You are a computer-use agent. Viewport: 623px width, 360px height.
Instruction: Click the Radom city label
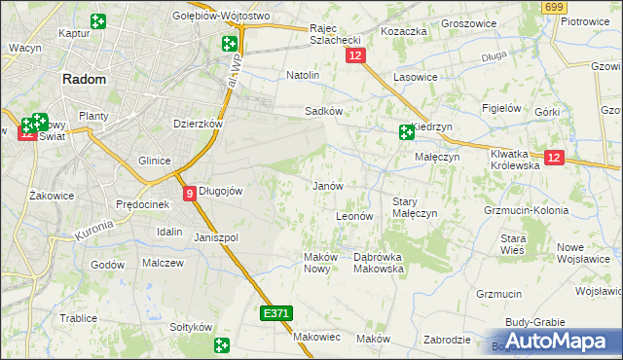[85, 81]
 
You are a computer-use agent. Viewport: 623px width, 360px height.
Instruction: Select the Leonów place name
[354, 215]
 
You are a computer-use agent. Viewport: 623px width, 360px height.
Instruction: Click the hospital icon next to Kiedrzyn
[406, 133]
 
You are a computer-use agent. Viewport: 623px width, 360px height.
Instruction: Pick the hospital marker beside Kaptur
[97, 21]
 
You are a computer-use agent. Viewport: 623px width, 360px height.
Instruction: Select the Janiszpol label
[216, 237]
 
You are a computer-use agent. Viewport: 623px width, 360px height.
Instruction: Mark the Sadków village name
[323, 111]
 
